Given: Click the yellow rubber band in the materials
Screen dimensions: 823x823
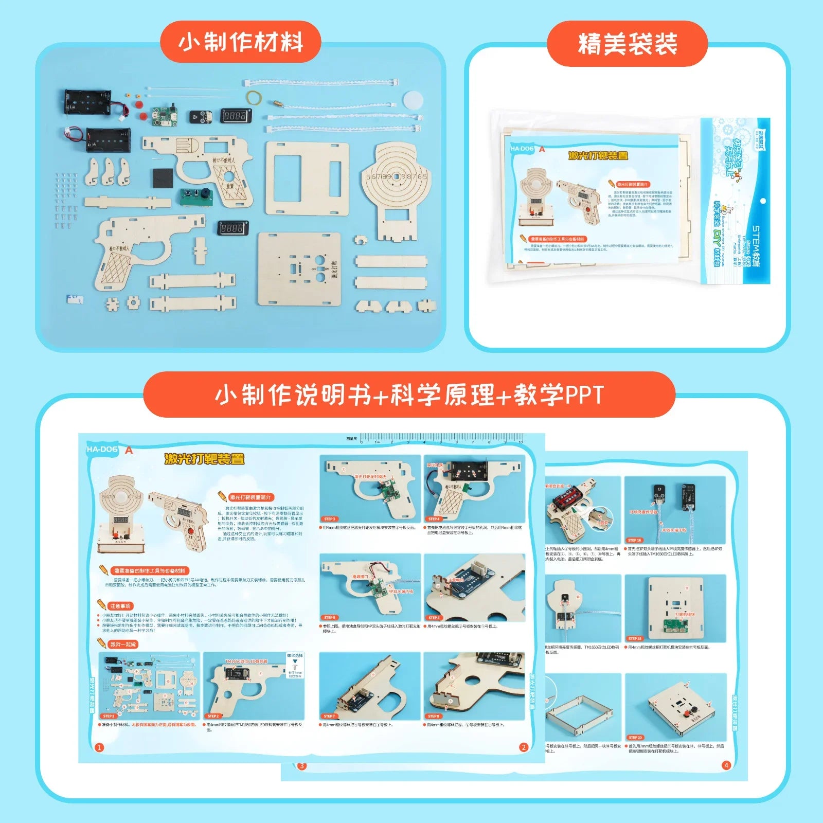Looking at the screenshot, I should tap(254, 97).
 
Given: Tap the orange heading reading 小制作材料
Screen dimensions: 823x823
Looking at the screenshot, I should tap(241, 42).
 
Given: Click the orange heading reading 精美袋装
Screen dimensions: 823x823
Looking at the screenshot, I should tap(627, 44).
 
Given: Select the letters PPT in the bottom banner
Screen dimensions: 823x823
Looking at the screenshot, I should tap(584, 395).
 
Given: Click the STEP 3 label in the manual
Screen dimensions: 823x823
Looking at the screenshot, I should tap(330, 519).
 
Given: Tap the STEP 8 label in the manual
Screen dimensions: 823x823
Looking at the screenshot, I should tap(434, 716).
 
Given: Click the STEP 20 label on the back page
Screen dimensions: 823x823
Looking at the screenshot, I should tap(635, 738).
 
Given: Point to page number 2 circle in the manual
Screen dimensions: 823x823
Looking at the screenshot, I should tap(524, 747).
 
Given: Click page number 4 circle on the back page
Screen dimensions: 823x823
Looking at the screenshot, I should tap(726, 765).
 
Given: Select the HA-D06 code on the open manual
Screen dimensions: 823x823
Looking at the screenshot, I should tap(102, 450).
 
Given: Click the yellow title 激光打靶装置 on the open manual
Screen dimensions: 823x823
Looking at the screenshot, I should tap(204, 459).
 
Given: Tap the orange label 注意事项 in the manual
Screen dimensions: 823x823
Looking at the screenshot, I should tap(120, 606).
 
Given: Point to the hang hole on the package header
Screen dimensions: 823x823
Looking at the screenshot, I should tap(763, 201).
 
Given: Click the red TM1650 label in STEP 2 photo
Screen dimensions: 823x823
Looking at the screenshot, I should tap(246, 661).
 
